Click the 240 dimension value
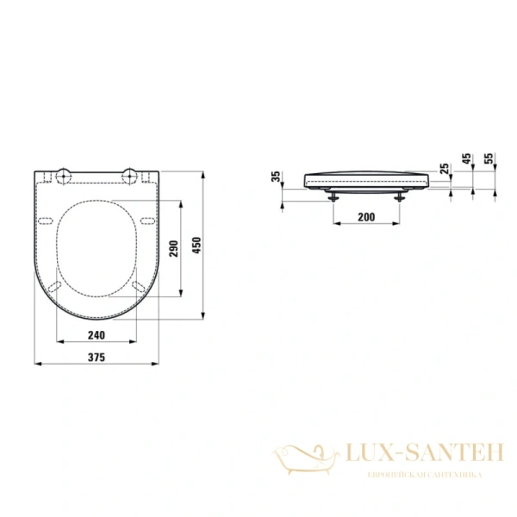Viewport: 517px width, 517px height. (97, 335)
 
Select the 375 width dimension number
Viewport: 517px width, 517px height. (97, 357)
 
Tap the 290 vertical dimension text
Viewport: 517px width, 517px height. (174, 249)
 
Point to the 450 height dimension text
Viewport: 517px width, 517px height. (196, 245)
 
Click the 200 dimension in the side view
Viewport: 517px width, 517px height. (366, 217)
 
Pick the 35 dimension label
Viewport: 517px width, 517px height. (276, 177)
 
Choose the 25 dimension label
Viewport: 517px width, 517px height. (445, 169)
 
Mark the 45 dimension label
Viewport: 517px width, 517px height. (467, 159)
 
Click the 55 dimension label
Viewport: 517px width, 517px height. (489, 159)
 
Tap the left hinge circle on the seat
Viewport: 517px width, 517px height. (63, 176)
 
